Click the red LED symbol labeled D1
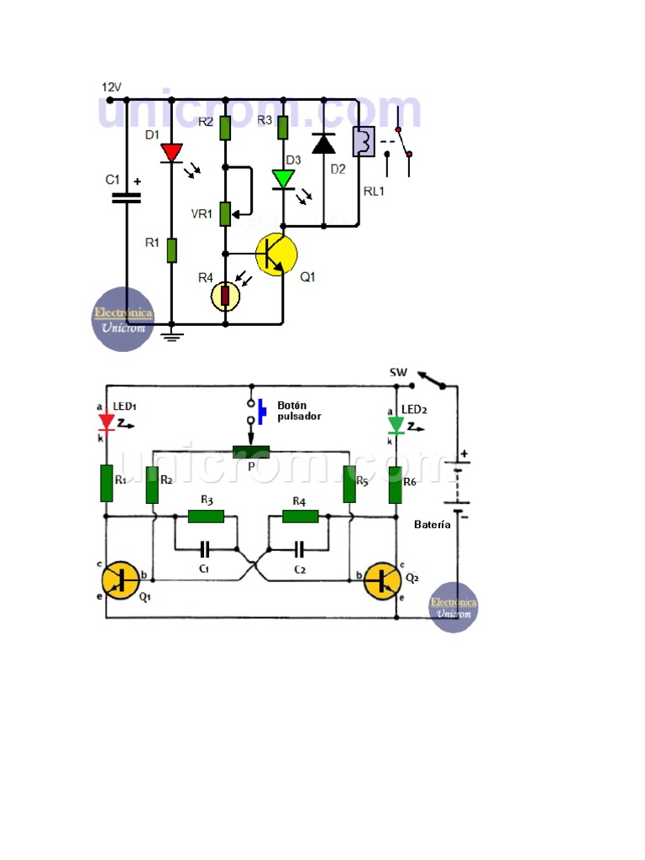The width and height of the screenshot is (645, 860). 171,152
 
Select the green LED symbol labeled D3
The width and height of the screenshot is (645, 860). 283,178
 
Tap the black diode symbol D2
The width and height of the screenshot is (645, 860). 323,144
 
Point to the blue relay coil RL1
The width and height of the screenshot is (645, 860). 363,141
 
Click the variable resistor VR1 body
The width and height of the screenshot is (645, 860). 225,213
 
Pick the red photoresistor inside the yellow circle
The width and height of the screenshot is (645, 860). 225,296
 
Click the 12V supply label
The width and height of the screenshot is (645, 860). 112,87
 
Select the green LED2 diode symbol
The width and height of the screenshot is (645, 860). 396,425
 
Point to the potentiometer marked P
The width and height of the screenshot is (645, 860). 250,453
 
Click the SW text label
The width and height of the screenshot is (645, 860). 398,372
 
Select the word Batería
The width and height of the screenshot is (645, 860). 433,524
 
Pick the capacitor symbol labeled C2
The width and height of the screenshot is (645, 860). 299,551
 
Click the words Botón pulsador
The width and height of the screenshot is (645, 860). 298,410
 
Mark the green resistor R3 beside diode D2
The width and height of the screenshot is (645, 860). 283,128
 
